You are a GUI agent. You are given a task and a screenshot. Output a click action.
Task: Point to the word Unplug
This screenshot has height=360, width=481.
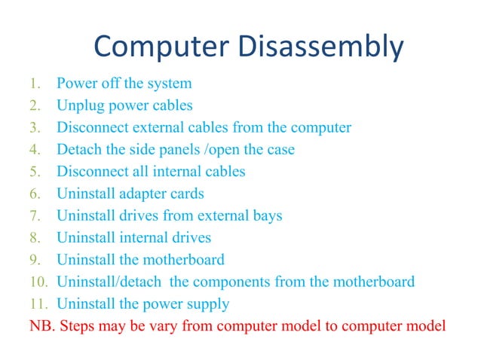pyautogui.click(x=80, y=105)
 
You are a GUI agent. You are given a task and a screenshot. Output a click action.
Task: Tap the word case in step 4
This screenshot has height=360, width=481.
pyautogui.click(x=279, y=149)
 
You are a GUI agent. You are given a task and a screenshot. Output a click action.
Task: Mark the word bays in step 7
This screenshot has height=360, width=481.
pyautogui.click(x=266, y=216)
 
